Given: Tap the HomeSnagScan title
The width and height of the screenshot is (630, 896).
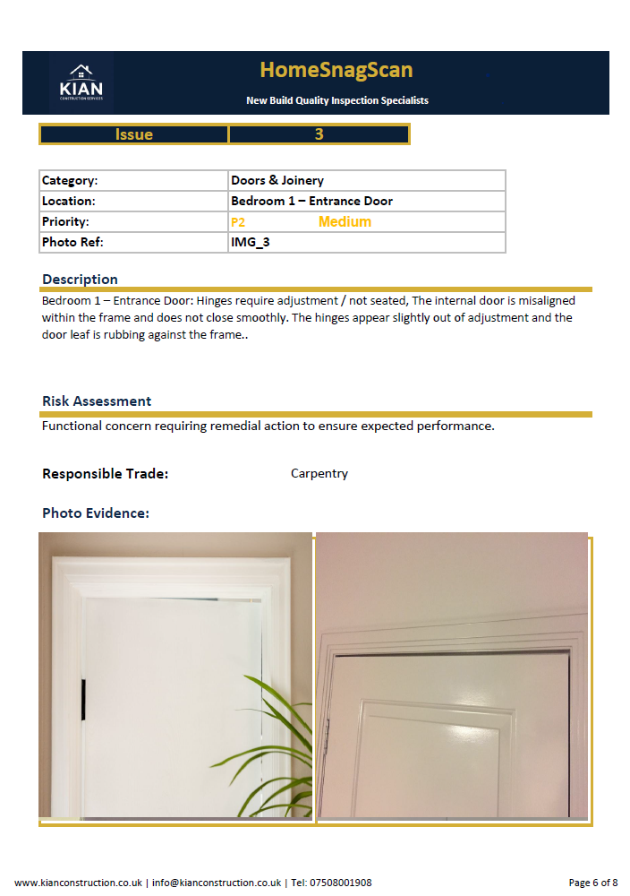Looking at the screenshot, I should click(x=336, y=70).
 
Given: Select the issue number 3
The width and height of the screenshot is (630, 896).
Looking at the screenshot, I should click(x=319, y=134).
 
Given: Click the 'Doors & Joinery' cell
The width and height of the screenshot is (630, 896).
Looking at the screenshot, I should click(x=277, y=180).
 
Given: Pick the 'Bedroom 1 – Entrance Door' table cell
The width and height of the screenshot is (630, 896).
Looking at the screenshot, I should click(x=311, y=201).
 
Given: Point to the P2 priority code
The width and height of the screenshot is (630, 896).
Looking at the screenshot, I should click(x=238, y=222).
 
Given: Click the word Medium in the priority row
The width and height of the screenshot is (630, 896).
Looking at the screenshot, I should click(x=345, y=222).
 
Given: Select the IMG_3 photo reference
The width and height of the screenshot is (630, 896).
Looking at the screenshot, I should click(x=250, y=242).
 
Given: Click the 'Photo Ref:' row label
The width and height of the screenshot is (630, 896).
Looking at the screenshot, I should click(x=66, y=242).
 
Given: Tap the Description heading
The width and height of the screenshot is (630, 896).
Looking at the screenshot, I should click(x=80, y=280).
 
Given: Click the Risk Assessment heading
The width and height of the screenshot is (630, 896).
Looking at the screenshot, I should click(x=97, y=401).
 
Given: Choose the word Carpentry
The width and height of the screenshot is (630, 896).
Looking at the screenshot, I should click(x=319, y=473).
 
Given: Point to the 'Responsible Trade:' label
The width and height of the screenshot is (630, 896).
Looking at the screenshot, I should click(x=105, y=473).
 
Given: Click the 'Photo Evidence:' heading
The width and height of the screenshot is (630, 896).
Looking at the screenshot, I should click(x=96, y=513).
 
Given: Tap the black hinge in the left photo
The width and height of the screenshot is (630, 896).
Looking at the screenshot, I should click(x=82, y=700).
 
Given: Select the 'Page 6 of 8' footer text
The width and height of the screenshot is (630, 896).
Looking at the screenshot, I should click(x=593, y=883).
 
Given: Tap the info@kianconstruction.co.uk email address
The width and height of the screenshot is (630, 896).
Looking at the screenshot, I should click(x=217, y=883).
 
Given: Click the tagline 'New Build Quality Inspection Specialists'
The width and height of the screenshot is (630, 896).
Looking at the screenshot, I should click(x=336, y=100).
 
